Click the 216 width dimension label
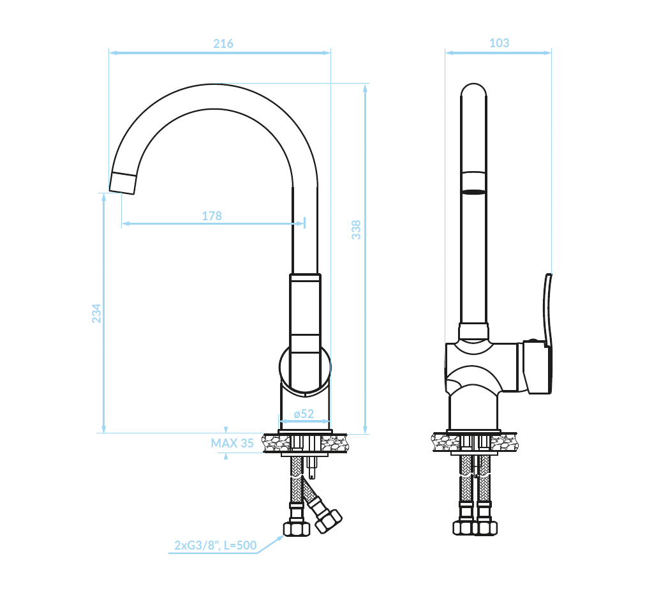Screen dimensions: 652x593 (x=223, y=43)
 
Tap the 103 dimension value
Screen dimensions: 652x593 (x=499, y=43)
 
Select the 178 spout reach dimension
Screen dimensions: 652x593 (x=212, y=216)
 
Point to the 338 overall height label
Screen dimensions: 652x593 (x=357, y=230)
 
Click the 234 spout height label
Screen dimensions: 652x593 (x=96, y=313)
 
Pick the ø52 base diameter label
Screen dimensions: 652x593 (x=304, y=414)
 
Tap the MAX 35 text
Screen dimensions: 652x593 (x=232, y=443)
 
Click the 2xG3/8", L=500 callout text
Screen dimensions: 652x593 (x=216, y=545)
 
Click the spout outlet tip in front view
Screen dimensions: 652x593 (x=122, y=183)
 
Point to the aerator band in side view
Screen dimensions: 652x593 (x=473, y=183)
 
